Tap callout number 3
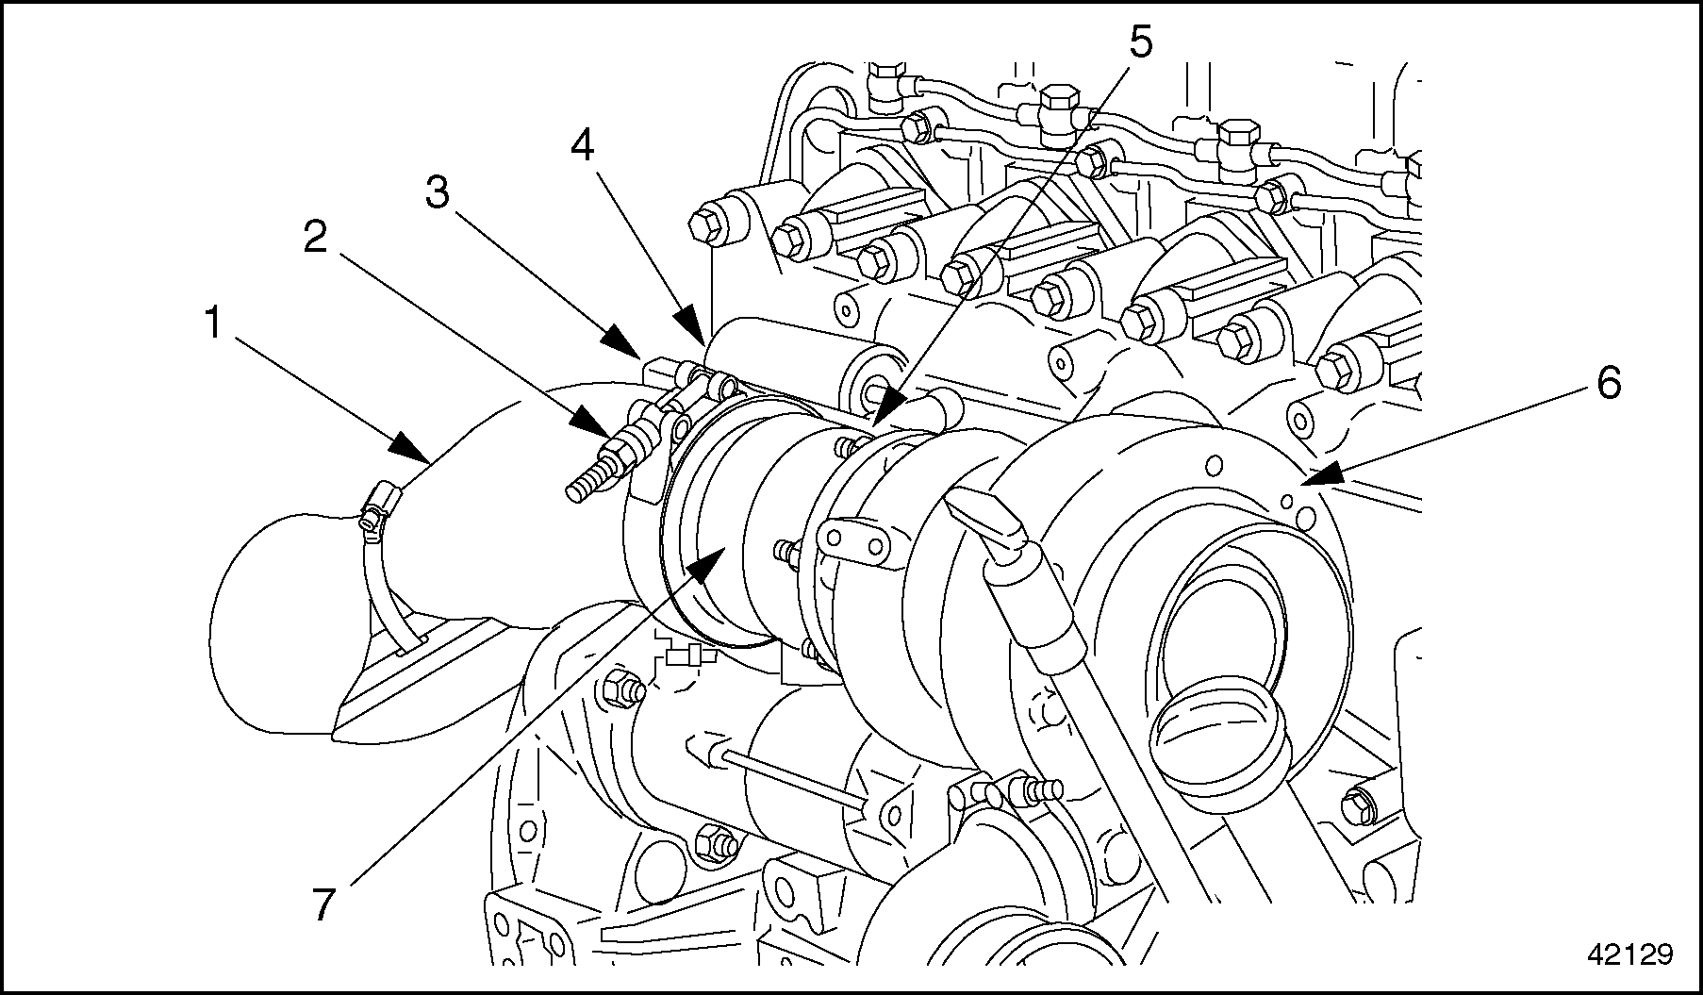pyautogui.click(x=436, y=193)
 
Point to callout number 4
pyautogui.click(x=582, y=147)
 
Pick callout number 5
pyautogui.click(x=1140, y=42)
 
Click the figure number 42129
pyautogui.click(x=1629, y=954)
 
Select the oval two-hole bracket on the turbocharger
pyautogui.click(x=858, y=542)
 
